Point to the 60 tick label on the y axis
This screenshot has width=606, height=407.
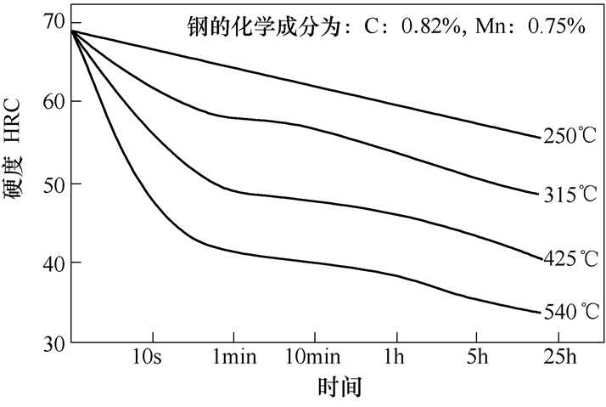tap(53, 101)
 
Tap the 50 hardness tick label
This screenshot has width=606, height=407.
tap(53, 183)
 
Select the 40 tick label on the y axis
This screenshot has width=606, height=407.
tap(53, 263)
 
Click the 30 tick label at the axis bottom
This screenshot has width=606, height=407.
tap(53, 343)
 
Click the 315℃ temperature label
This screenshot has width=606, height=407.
tap(570, 195)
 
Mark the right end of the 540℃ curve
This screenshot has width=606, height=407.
tap(540, 313)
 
